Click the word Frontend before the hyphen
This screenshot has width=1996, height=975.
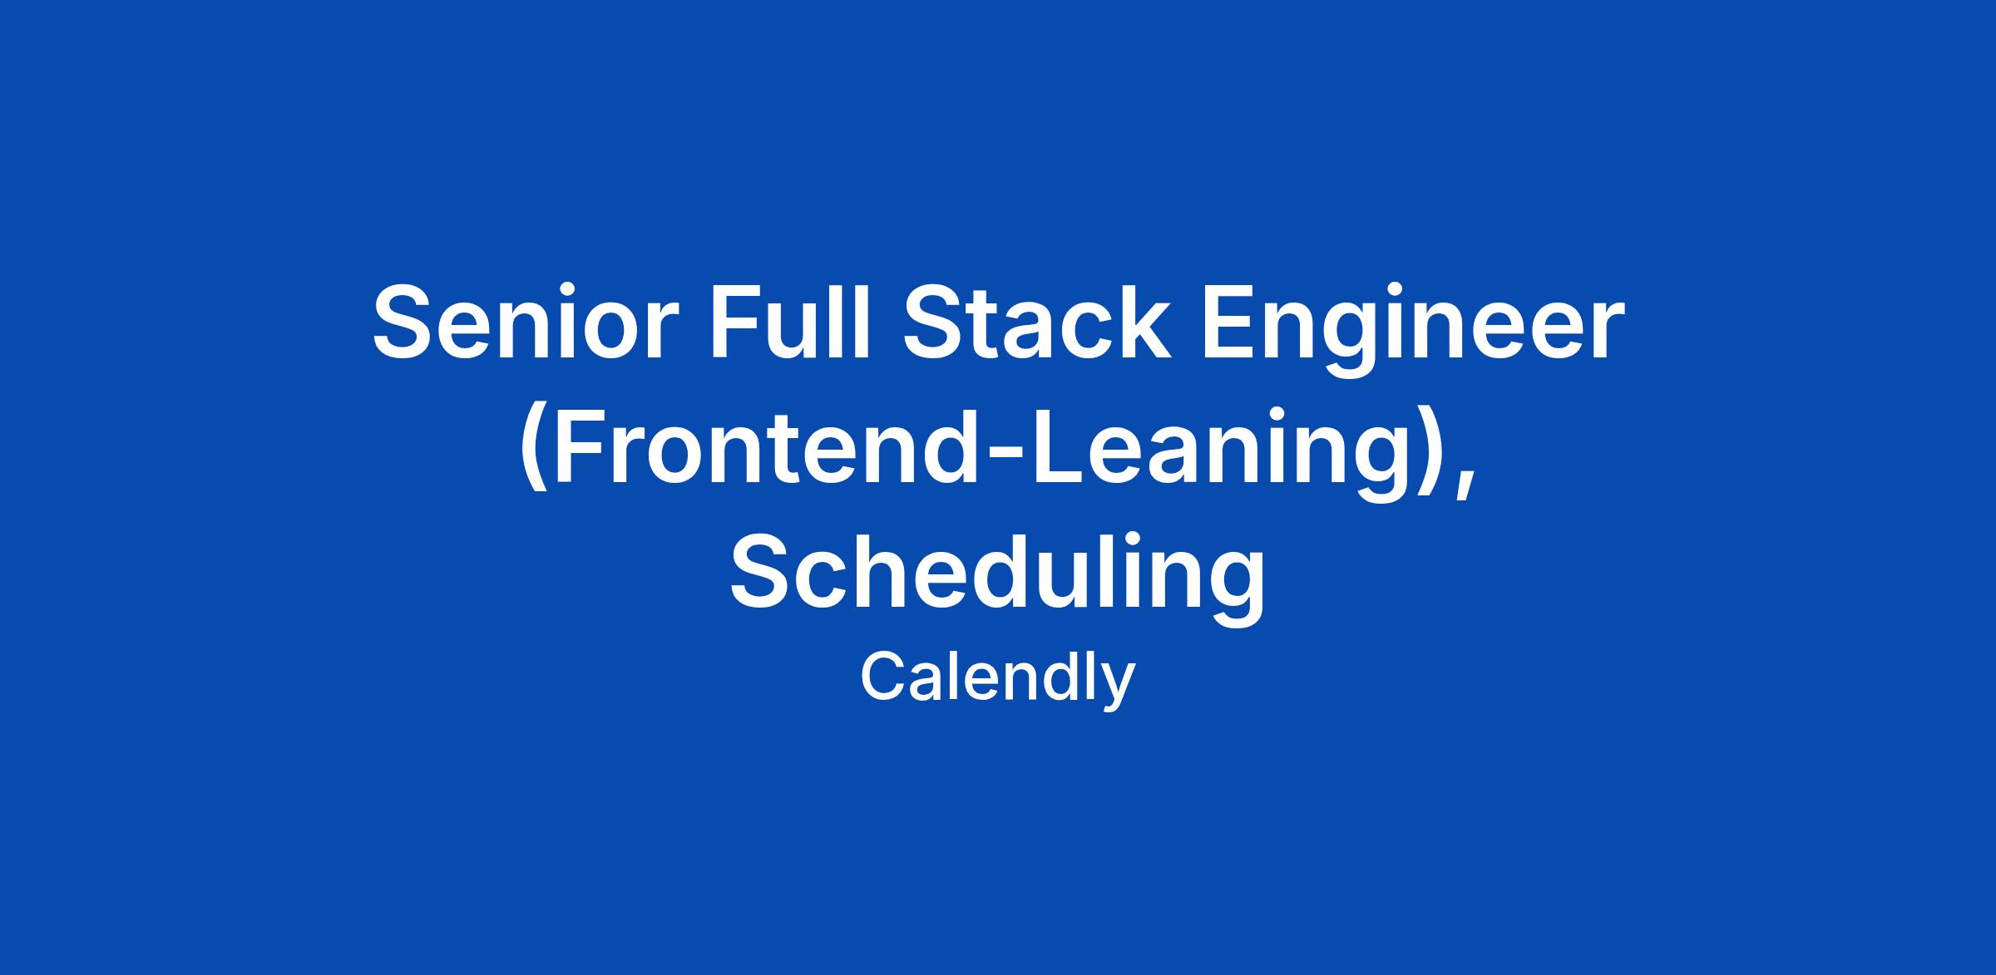764,446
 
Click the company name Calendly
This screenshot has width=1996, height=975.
997,679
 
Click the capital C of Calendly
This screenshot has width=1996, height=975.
886,676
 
